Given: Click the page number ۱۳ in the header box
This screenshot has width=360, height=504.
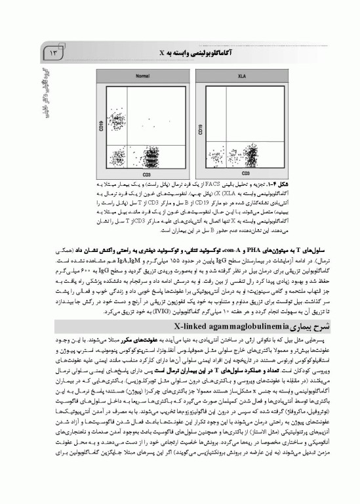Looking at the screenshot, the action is click(x=52, y=52).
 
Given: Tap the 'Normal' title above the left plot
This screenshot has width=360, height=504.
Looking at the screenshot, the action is click(x=123, y=78).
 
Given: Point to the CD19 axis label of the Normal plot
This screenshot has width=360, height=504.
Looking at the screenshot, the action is click(x=83, y=124).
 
